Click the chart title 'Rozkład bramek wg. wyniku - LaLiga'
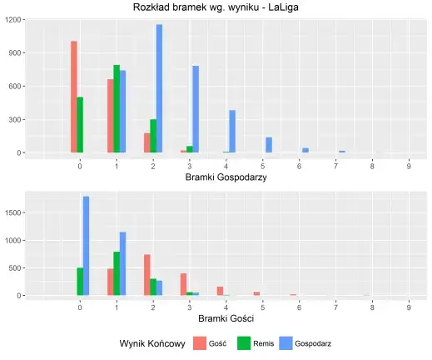point(216,7)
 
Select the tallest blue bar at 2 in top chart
point(159,88)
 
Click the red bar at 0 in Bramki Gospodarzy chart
point(73,97)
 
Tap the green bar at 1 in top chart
point(117,108)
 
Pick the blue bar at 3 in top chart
point(196,109)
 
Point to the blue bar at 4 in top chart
point(232,131)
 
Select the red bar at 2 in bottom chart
point(146,275)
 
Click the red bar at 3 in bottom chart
point(183,284)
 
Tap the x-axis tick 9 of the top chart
point(409,166)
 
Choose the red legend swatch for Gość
point(199,343)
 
